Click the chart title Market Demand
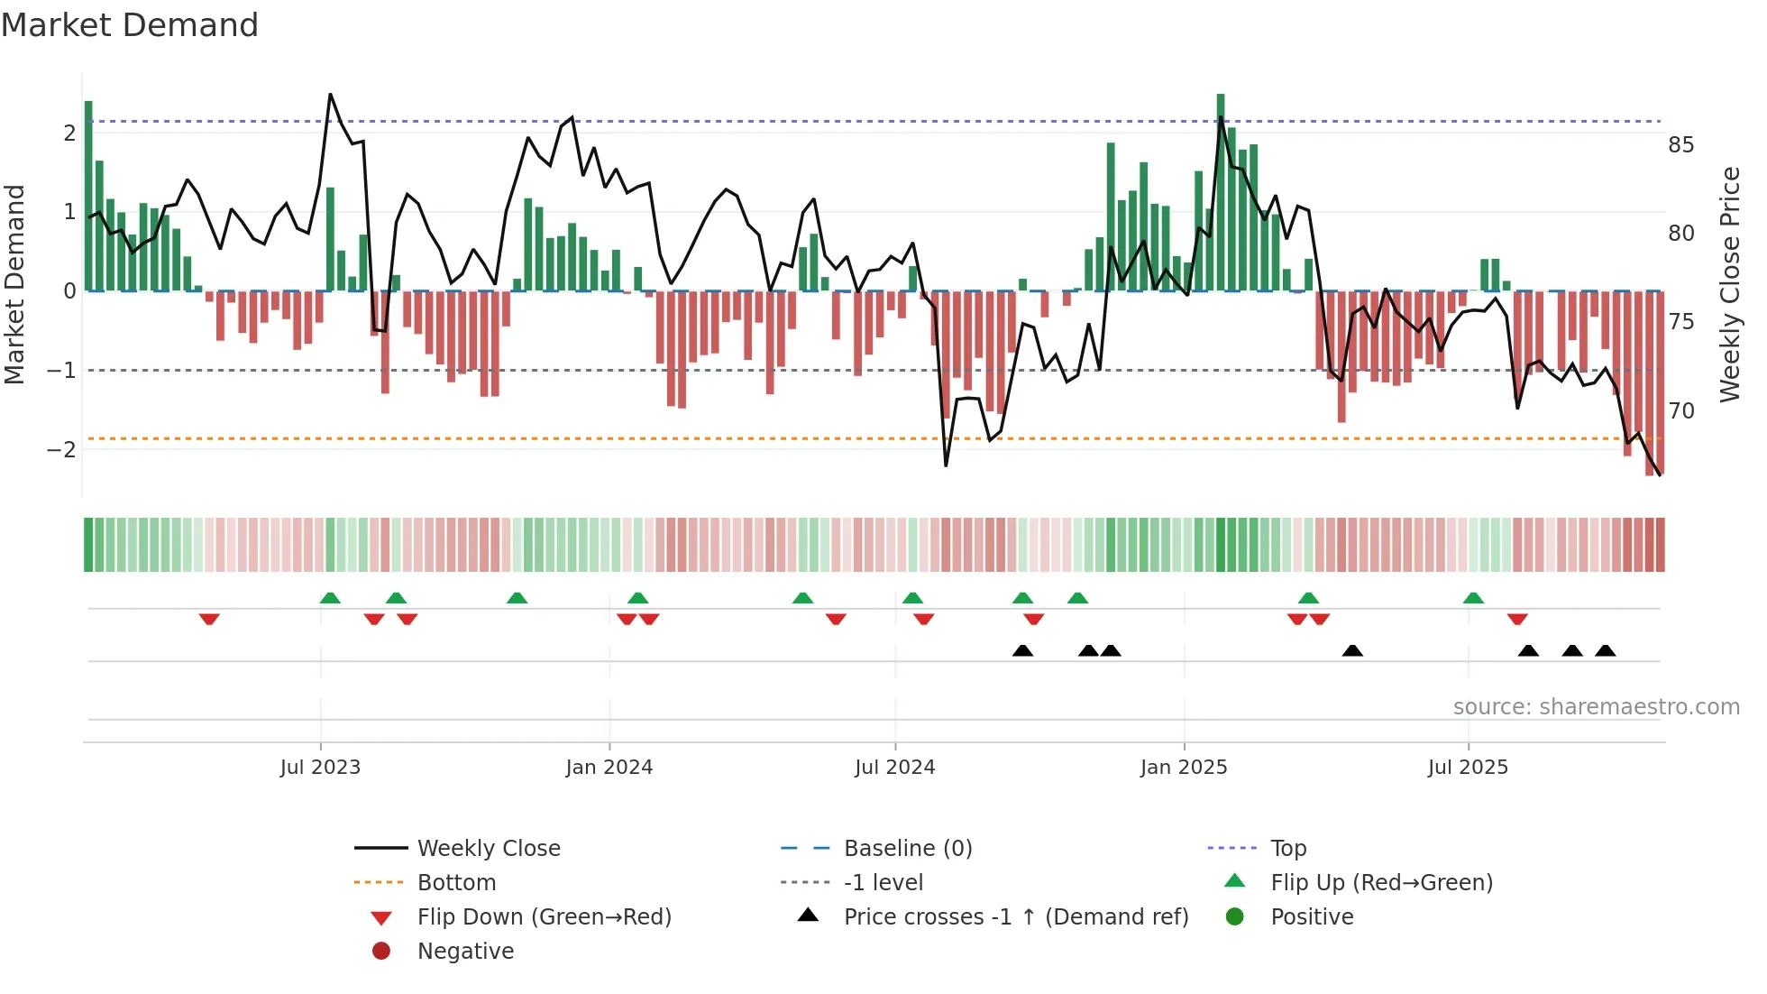coord(130,25)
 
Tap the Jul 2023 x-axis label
coord(320,768)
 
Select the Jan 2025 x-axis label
coord(1183,768)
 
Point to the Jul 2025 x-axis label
coord(1468,768)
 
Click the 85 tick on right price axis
coord(1680,145)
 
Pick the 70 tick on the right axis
coord(1680,411)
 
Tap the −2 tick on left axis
coord(62,449)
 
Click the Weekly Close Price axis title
coord(1729,284)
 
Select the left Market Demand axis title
coord(15,284)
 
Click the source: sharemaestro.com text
coord(1596,707)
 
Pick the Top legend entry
coord(1287,849)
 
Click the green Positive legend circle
coord(1235,917)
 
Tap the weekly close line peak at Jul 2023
coord(330,95)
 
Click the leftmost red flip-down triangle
coord(209,619)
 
